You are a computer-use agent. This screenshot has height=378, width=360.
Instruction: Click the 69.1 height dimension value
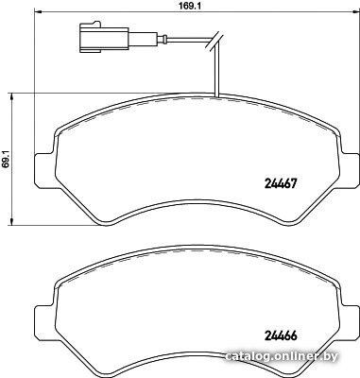[6, 159]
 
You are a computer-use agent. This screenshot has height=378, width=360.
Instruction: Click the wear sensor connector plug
[104, 37]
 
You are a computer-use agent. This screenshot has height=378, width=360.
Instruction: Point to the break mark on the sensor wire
[214, 41]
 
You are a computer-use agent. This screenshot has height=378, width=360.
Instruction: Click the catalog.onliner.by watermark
[283, 356]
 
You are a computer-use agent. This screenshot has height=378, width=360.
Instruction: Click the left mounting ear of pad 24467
[44, 169]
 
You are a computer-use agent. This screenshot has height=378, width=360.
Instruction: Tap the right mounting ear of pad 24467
[349, 167]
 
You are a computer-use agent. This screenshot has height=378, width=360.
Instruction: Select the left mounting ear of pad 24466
[44, 321]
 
